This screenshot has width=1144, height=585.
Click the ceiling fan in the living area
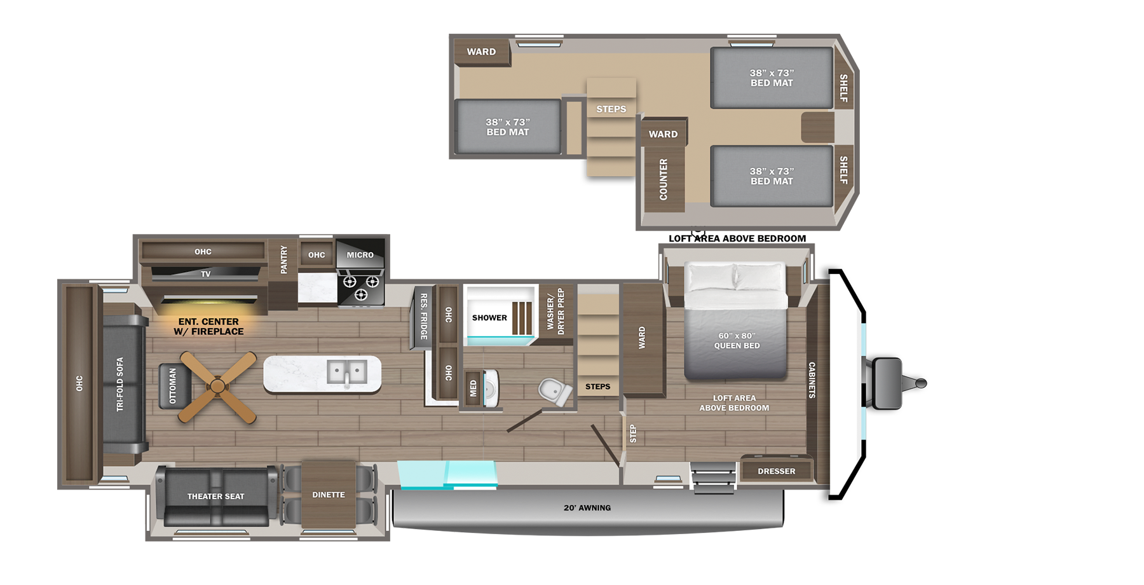(218, 387)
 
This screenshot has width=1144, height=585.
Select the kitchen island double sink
(347, 371)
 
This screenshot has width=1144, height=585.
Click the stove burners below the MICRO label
(360, 287)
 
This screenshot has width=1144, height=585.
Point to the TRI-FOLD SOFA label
(119, 385)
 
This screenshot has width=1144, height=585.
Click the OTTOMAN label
(173, 386)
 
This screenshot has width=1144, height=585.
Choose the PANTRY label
(283, 259)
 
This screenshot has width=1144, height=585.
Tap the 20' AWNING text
(587, 507)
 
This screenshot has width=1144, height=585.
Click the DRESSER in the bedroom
(777, 470)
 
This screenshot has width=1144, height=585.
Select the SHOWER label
(489, 318)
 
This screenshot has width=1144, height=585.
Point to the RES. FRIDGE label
(424, 316)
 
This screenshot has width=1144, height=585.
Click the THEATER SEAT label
(215, 497)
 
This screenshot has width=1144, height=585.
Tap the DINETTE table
(329, 494)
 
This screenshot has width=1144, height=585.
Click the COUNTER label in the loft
(664, 179)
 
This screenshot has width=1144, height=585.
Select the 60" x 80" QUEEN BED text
(737, 341)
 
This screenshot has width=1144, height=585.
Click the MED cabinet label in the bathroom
(473, 389)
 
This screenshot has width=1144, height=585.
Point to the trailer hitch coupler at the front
(920, 383)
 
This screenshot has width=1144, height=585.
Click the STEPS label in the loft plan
(611, 109)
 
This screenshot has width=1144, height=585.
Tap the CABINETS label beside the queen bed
(812, 380)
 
